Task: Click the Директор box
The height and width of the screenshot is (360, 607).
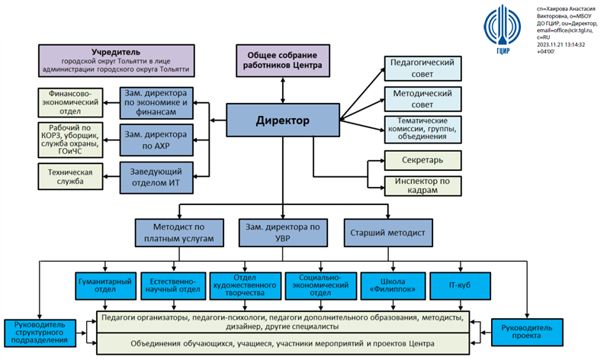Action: coord(281,121)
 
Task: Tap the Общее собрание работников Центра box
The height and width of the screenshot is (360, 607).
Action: coord(284,60)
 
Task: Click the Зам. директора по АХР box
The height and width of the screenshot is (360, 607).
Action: coord(156,137)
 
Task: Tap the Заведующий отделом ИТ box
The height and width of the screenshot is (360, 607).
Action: coord(156,177)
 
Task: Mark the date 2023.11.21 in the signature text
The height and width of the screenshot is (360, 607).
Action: coord(553,44)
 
